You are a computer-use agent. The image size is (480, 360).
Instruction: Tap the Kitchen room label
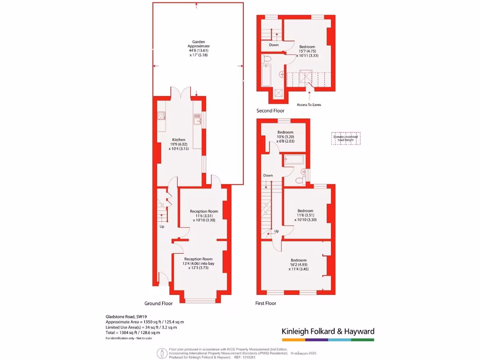pos(179,140)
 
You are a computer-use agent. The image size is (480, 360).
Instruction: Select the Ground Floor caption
pos(158,303)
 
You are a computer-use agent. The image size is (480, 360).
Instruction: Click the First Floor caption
pos(265,303)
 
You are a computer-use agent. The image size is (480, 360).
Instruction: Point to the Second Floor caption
pos(270,111)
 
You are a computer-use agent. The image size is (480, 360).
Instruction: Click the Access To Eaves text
pos(309,105)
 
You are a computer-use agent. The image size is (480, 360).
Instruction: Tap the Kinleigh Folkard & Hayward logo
pos(328,332)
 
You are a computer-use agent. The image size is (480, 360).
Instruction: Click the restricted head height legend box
pos(346,138)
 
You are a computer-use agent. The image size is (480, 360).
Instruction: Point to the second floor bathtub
pos(266,76)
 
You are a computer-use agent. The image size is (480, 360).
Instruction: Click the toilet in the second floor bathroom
pos(267,59)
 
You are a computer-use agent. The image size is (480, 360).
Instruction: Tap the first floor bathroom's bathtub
pos(294,161)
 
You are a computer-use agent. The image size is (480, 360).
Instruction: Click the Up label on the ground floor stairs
pos(162,226)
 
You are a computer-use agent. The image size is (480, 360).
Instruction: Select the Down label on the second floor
pos(274,45)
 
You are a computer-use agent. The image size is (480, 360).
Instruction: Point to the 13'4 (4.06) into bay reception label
pos(198,263)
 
